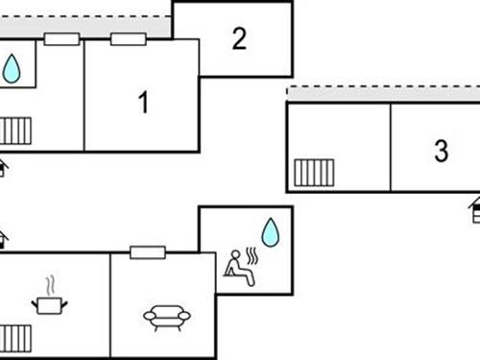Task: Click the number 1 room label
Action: (144, 103)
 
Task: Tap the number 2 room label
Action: (239, 38)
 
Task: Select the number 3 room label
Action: (441, 151)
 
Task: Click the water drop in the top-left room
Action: (12, 68)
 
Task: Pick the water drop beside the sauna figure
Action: (271, 232)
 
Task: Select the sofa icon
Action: (166, 316)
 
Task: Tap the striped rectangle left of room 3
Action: (314, 173)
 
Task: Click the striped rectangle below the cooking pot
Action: (15, 338)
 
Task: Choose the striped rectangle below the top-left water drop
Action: (15, 131)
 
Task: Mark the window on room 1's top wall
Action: (128, 39)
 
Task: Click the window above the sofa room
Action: (147, 252)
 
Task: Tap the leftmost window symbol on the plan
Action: (61, 39)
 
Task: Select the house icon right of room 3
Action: (475, 210)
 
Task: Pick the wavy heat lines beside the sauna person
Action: (253, 255)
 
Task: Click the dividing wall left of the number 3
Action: (391, 147)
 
